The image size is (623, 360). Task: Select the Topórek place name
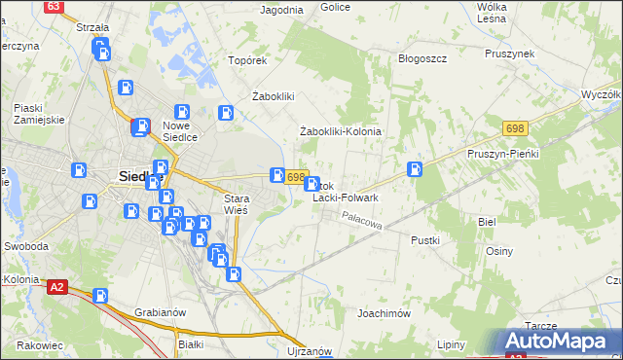tap(247, 60)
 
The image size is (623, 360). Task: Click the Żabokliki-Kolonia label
tap(340, 131)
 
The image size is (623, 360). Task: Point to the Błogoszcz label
tap(422, 58)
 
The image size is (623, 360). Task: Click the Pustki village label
tap(425, 239)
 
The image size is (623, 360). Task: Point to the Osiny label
tap(499, 250)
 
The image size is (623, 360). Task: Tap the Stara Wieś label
tap(237, 203)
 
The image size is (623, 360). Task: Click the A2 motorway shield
tap(57, 286)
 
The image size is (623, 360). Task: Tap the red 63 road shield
tap(55, 6)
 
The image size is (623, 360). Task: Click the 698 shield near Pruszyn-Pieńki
tap(516, 128)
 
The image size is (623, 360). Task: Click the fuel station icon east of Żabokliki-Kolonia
tap(415, 168)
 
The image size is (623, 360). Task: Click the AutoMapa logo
tap(557, 341)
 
